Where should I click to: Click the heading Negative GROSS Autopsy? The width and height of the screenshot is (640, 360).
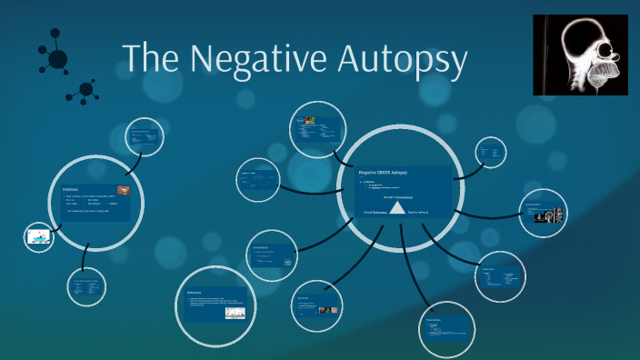click(x=383, y=172)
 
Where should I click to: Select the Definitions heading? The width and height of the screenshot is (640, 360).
click(x=72, y=190)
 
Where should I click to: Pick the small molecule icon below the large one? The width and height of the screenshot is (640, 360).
click(x=86, y=89)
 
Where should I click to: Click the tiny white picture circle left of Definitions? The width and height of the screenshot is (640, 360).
click(x=39, y=237)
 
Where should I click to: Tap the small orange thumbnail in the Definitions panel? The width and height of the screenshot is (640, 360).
click(x=124, y=191)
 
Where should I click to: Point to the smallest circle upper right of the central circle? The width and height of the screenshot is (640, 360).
click(x=491, y=152)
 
